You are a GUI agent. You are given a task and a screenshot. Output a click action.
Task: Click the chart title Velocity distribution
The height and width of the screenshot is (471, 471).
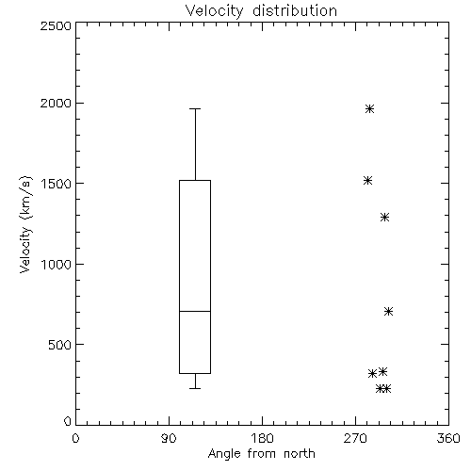(261, 10)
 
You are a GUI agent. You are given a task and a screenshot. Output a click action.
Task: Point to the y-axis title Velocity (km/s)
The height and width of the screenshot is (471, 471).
(25, 224)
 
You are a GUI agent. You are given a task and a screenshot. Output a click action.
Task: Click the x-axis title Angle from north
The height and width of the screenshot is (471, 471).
(261, 454)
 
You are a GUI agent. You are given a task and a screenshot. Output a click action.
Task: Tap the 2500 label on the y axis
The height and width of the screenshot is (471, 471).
(56, 25)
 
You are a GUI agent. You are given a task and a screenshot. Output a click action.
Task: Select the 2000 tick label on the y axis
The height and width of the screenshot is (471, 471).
(56, 103)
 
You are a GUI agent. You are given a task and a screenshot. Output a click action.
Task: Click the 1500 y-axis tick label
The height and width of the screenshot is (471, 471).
(57, 184)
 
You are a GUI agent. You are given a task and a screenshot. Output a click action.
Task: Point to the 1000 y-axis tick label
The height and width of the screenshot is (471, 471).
(57, 264)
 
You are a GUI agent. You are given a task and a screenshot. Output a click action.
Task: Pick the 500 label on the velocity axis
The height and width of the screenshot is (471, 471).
(60, 345)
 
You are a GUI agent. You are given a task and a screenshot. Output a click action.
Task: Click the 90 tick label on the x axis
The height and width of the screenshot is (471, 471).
(169, 438)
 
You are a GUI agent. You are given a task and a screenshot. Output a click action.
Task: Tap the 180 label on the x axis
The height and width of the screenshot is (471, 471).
(262, 438)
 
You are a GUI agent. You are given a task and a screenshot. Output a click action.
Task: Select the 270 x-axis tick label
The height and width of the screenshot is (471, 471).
(355, 438)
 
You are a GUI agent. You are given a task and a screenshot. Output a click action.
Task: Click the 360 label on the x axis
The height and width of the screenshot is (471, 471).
(448, 438)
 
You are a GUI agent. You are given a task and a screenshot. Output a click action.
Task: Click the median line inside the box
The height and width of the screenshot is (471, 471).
(195, 311)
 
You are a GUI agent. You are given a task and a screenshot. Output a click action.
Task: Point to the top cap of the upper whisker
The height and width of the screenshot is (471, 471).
(195, 108)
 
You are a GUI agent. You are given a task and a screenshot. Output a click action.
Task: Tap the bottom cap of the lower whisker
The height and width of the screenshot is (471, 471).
(195, 388)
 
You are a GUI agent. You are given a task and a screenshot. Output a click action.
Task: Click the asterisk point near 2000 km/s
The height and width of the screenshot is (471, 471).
(369, 108)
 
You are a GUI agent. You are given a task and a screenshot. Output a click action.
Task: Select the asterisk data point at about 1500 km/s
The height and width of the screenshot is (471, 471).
(368, 180)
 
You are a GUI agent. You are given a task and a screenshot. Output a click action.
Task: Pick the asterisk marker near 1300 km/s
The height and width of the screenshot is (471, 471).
(384, 217)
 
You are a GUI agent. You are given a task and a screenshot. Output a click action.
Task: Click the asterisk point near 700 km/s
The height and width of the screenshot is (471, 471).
(388, 311)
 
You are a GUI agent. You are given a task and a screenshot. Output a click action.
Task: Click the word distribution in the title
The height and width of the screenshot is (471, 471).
(295, 10)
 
